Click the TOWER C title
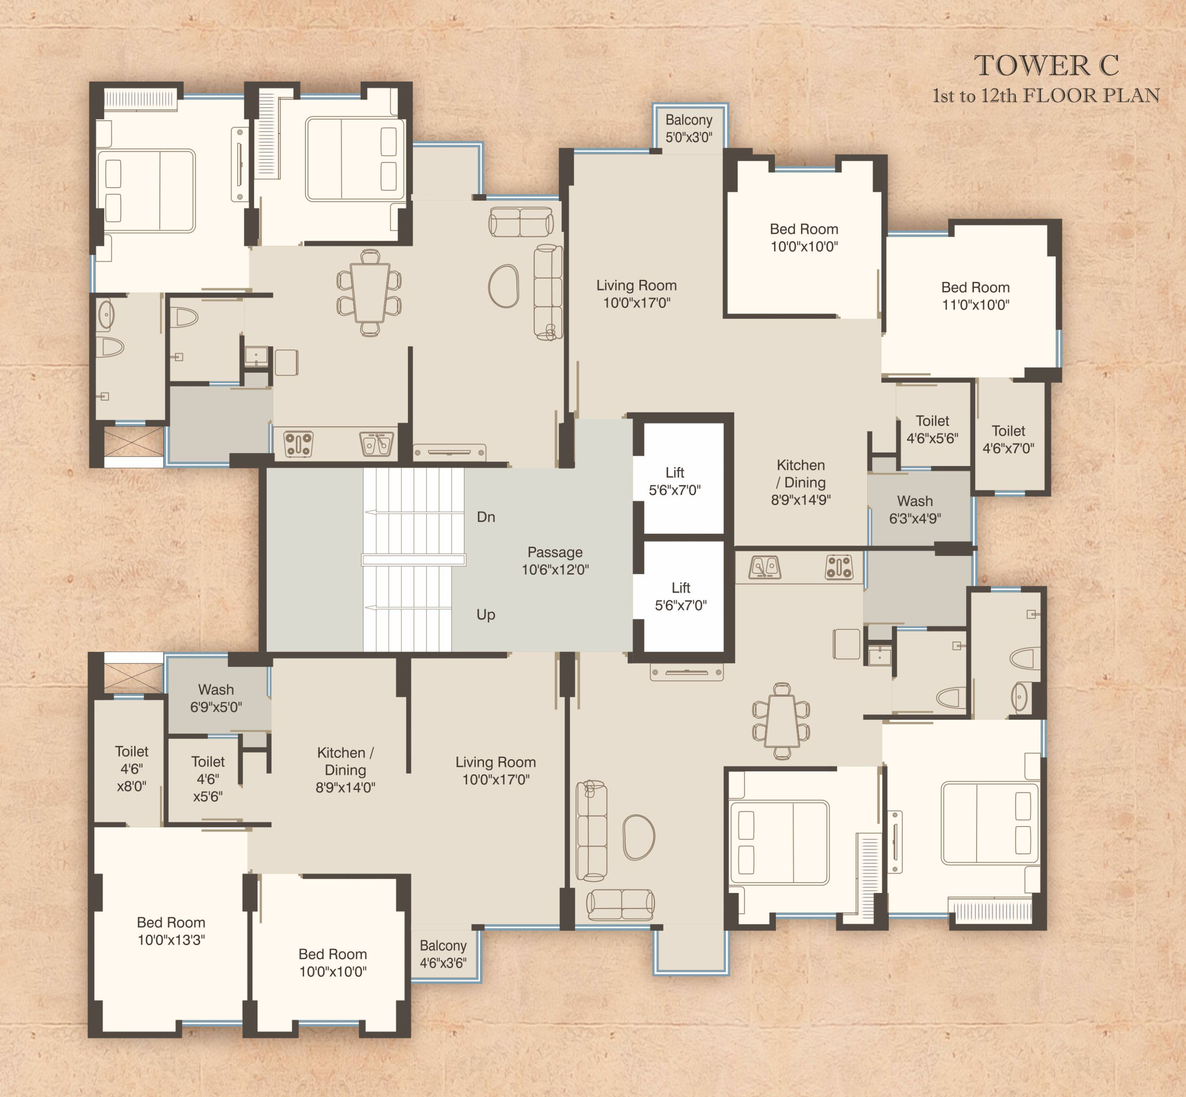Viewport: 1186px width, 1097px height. (x=1046, y=65)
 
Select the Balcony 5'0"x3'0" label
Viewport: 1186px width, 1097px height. (x=689, y=129)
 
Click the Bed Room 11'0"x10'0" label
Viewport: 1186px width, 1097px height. (x=975, y=296)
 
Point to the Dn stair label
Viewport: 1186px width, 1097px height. (x=486, y=517)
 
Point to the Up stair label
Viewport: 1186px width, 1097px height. (x=486, y=615)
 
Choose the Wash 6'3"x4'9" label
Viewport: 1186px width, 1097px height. (x=915, y=509)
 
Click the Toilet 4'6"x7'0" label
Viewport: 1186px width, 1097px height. (x=1008, y=439)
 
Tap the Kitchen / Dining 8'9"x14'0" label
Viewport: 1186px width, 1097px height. (x=345, y=770)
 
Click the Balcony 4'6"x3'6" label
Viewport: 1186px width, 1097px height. (x=443, y=954)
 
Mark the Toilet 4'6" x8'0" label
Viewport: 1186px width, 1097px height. (x=131, y=769)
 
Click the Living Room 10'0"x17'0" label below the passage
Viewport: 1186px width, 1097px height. (x=496, y=771)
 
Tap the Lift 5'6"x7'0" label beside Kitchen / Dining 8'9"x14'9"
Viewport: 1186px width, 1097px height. (x=675, y=481)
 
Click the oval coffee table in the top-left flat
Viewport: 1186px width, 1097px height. (x=503, y=286)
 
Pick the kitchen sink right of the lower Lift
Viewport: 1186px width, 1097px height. (x=764, y=567)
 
